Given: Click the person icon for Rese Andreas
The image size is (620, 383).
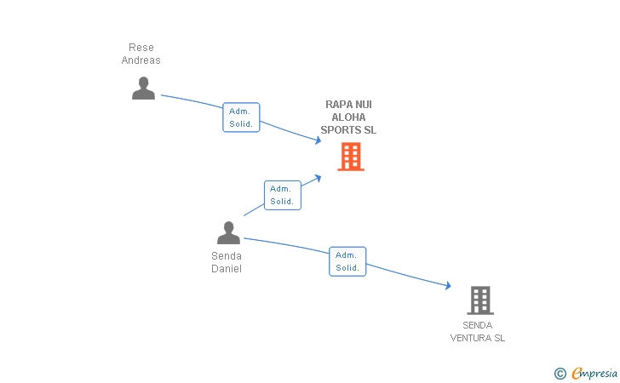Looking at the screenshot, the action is coord(143,89).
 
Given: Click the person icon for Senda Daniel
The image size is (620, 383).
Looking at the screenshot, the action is coord(228,233).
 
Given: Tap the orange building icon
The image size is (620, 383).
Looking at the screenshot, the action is coord(351,157).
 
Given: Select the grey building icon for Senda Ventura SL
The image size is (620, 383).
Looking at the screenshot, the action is coord(480,300).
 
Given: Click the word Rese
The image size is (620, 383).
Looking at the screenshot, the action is coord(141,48).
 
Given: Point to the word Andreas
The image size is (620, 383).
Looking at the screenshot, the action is coord(141,60).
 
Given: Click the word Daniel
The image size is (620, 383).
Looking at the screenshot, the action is coord(227,269).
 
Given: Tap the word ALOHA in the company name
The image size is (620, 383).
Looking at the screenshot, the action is coord(348,117).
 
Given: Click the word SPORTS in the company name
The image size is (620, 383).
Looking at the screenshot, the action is coord(340,130).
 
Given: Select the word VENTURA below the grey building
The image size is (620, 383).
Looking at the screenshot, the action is coord(470,338).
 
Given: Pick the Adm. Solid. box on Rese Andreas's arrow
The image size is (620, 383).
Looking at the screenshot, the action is coord(241,117).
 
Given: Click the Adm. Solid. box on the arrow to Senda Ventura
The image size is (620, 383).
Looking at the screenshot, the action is coord(347,261).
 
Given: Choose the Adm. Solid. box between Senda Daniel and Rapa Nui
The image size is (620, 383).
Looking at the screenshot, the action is coord(283,195).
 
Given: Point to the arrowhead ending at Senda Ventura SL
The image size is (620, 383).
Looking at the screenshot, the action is coord(448,285).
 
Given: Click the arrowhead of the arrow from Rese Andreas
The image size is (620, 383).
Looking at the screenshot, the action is coord(318,140).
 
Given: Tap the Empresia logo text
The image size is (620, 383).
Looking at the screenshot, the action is coord(594,373).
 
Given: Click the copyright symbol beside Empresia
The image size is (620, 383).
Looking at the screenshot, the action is coord(560,374).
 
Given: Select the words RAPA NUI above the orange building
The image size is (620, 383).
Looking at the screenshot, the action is coord(348,105).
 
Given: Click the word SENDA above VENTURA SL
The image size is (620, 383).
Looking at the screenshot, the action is coord(477,325).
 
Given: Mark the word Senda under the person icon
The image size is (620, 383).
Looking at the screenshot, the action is coord(227,256).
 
